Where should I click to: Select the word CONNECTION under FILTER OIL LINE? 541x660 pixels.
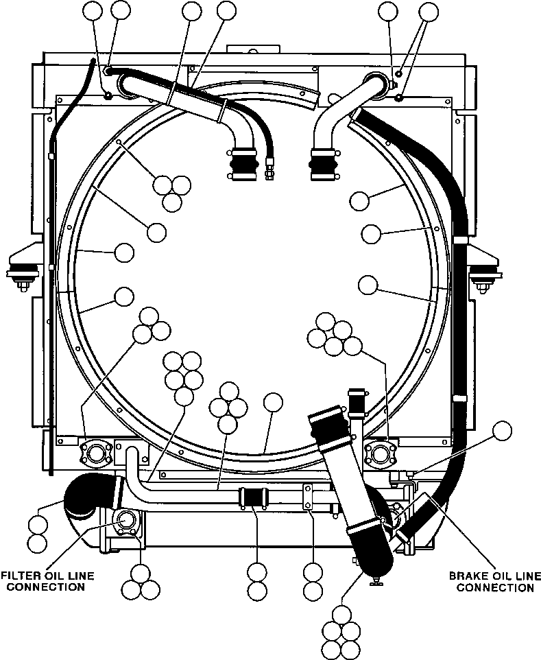[46, 587]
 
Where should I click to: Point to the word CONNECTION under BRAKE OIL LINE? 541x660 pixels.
[495, 587]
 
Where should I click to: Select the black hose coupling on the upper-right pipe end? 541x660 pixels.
[324, 164]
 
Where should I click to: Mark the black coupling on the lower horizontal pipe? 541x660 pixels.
[252, 498]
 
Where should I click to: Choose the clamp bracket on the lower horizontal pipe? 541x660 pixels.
[309, 496]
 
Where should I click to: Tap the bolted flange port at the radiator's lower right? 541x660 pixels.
[381, 453]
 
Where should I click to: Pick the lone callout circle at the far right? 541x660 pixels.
[503, 431]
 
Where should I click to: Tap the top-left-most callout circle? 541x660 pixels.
[93, 12]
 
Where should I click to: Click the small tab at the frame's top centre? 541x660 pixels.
[253, 49]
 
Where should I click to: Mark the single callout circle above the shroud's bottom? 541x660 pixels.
[273, 403]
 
